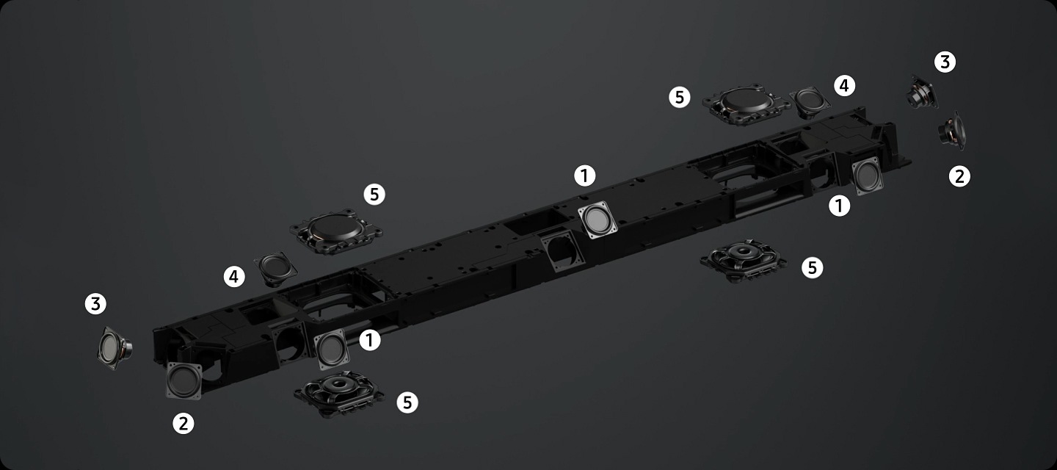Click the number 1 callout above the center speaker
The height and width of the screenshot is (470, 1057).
(x=584, y=176)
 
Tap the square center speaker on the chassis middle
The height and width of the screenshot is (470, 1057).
(x=597, y=220)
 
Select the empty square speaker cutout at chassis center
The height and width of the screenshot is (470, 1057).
(x=562, y=250)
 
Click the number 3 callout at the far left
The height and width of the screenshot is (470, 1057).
(x=95, y=304)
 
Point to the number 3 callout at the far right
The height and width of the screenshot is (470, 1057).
(x=945, y=62)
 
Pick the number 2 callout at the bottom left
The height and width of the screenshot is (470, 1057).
(x=183, y=423)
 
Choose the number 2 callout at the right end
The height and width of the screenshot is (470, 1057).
(x=959, y=176)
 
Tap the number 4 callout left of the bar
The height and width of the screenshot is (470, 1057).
(x=234, y=277)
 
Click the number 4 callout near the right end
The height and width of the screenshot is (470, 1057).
(x=844, y=86)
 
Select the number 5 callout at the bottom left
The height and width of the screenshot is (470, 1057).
(x=407, y=402)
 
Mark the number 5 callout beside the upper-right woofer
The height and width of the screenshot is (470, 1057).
(x=680, y=97)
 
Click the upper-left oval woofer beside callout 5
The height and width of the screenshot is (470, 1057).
(x=336, y=231)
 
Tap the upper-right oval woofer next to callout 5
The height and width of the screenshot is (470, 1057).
(x=747, y=104)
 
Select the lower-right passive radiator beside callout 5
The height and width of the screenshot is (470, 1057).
(x=743, y=261)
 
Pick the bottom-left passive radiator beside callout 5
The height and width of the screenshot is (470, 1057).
(x=339, y=394)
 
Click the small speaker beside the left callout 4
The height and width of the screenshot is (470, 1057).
(x=275, y=269)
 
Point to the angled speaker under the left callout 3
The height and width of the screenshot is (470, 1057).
(x=115, y=348)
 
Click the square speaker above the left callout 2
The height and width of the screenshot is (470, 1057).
(x=184, y=381)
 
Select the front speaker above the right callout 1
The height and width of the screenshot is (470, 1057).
(x=868, y=176)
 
